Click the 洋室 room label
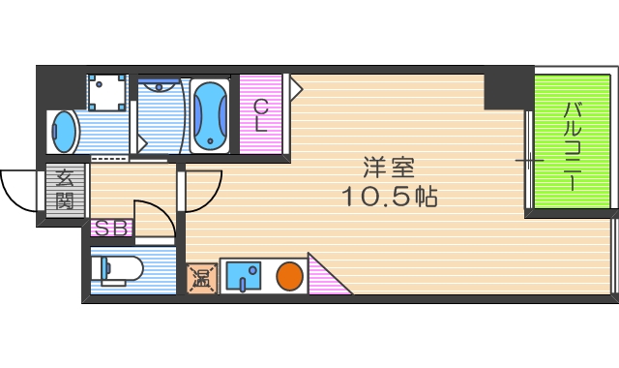(389, 167)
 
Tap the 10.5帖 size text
(389, 198)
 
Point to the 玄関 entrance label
(65, 190)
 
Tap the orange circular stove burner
(288, 277)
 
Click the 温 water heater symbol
(201, 279)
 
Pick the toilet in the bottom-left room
(118, 268)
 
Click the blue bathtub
(210, 116)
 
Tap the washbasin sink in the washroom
(64, 132)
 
